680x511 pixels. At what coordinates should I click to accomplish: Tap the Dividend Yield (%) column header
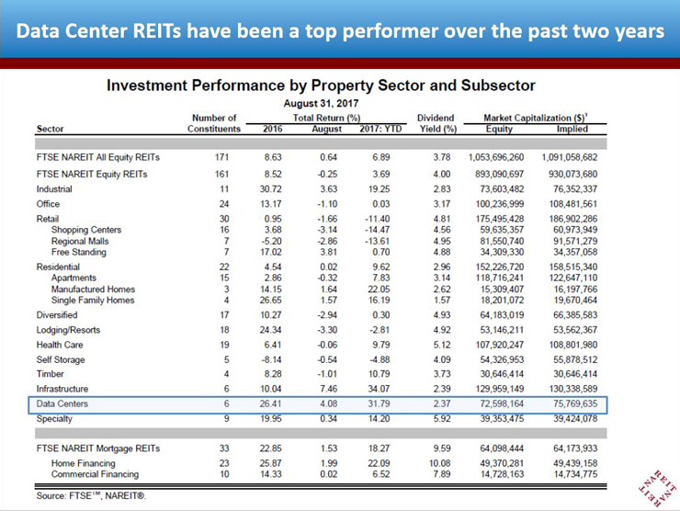(436, 123)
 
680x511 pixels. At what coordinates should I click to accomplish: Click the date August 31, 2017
(321, 103)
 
